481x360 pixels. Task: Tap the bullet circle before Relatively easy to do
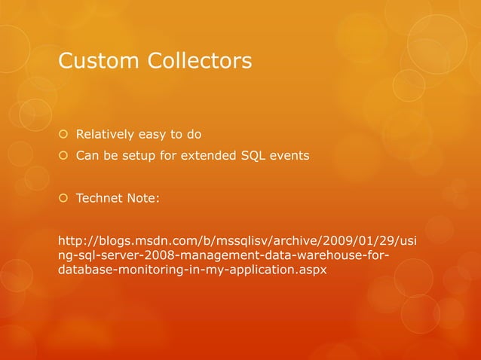pyautogui.click(x=63, y=136)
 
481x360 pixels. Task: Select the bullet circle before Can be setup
pyautogui.click(x=63, y=157)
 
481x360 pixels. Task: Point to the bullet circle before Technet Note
pyautogui.click(x=63, y=199)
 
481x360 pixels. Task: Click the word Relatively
pyautogui.click(x=105, y=136)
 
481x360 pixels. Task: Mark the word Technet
pyautogui.click(x=100, y=199)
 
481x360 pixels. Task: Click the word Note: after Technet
pyautogui.click(x=143, y=199)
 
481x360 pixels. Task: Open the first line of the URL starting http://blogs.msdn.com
pyautogui.click(x=240, y=241)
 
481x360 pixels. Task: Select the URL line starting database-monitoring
pyautogui.click(x=192, y=270)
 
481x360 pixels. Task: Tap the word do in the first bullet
pyautogui.click(x=194, y=136)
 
